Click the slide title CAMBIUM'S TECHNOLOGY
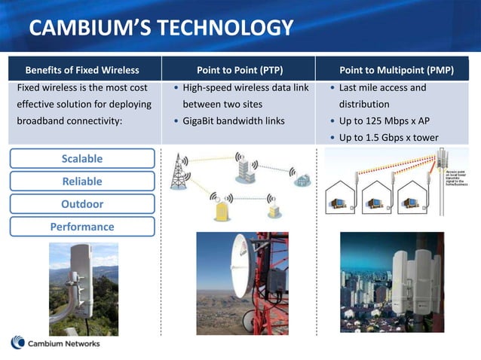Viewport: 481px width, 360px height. point(161,29)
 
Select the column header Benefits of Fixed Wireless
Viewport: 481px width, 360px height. point(83,70)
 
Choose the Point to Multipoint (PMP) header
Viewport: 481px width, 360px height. point(397,70)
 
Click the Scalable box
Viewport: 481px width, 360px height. point(82,159)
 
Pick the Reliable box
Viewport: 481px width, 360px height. point(82,182)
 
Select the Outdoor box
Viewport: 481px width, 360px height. point(82,204)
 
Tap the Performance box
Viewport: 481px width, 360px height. point(82,227)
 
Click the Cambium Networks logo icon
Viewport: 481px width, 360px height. point(18,343)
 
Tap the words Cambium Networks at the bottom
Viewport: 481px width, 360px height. point(65,344)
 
